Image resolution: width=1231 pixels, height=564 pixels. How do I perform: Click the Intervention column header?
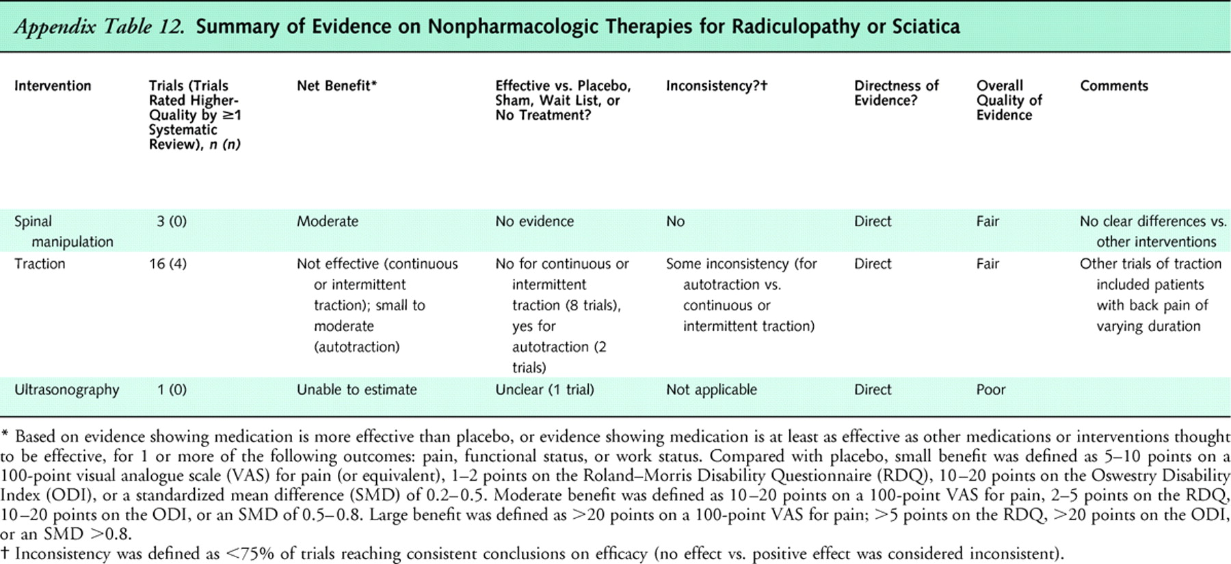coord(53,86)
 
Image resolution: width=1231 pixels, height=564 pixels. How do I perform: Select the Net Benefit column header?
coord(336,86)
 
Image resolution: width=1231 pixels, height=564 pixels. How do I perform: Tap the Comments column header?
coord(1113,86)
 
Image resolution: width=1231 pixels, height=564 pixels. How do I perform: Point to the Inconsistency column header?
coord(717,86)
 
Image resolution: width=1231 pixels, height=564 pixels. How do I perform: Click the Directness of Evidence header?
coord(896,93)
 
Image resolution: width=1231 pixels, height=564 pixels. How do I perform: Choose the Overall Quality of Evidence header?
coord(1009,100)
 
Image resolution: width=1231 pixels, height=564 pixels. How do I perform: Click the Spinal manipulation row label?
coord(64,231)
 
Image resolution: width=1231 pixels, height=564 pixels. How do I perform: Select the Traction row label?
coord(40,264)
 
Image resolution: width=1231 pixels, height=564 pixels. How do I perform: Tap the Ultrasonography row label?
coord(67,390)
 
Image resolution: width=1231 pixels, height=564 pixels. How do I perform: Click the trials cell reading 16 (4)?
coord(168,264)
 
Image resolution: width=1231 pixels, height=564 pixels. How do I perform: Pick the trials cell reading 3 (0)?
coord(172,221)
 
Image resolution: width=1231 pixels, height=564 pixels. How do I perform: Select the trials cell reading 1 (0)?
coord(172,390)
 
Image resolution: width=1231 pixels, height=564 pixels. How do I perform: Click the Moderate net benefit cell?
coord(327,221)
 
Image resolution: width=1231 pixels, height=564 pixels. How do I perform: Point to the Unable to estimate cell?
coord(356,390)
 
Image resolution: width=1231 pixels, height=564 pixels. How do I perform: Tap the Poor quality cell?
coord(990,390)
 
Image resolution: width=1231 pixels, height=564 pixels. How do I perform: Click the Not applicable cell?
coord(711,390)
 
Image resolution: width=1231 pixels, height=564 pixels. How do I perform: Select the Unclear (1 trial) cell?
coord(544,390)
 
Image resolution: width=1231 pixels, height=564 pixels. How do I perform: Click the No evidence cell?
coord(534,221)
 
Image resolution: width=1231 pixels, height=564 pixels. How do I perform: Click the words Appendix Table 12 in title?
coord(100,27)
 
